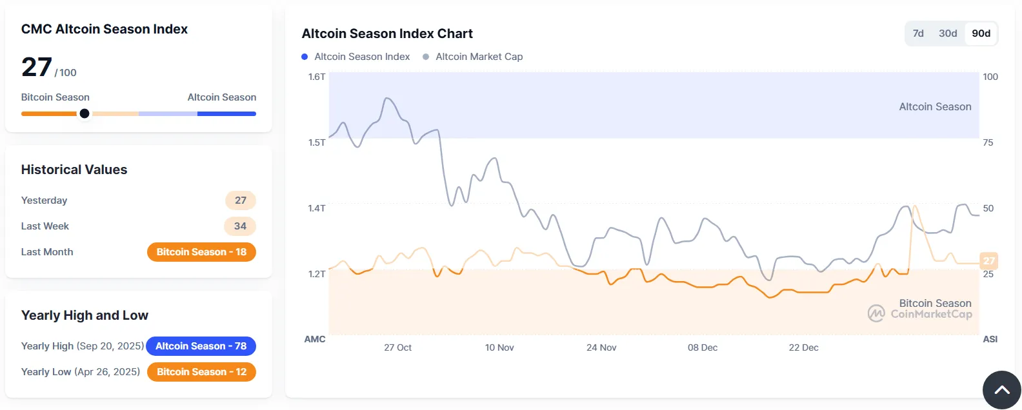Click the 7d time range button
point(918,34)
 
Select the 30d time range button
point(948,34)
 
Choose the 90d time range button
point(981,34)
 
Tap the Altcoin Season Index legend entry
point(356,57)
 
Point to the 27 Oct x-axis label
point(397,347)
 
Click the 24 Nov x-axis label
point(601,347)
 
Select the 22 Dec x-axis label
point(803,347)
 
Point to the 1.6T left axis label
point(317,77)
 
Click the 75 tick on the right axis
point(988,142)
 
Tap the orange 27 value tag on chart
point(988,260)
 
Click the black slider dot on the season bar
point(85,113)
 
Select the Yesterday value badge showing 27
point(241,200)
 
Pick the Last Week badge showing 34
point(240,226)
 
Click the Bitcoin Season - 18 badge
point(201,252)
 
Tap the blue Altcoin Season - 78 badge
point(201,346)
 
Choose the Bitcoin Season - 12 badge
point(201,372)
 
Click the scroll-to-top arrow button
point(1001,390)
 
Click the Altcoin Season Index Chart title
point(387,34)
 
